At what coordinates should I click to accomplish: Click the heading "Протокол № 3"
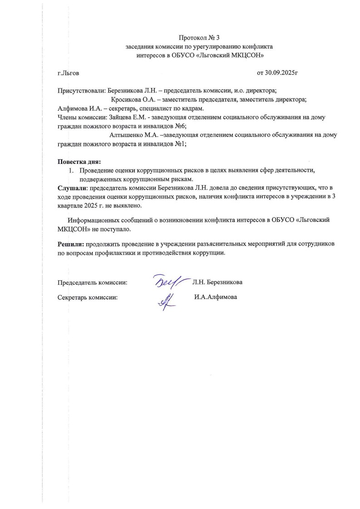(199, 37)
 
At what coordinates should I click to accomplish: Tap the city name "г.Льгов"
(68, 73)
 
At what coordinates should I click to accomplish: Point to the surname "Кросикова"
(126, 100)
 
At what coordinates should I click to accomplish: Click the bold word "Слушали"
(72, 188)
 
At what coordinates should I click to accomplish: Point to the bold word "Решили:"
(71, 244)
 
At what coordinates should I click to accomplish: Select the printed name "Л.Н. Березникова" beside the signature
(217, 282)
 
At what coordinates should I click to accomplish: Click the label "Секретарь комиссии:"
(88, 298)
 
